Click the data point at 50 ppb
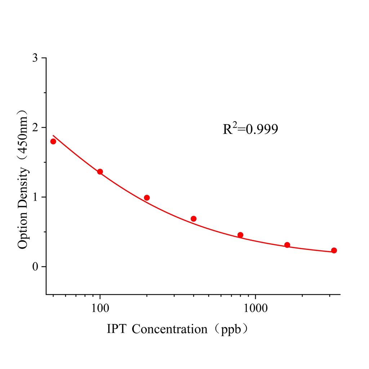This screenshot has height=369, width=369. coord(53,141)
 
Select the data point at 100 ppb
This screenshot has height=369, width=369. coord(100,172)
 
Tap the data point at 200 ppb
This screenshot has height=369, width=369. coord(147,197)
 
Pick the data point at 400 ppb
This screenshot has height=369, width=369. coord(194,219)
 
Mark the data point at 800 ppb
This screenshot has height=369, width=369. coord(240,235)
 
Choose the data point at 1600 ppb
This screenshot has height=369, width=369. coord(287,245)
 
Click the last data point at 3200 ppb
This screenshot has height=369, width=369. coord(334,250)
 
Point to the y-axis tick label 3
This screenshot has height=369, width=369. coord(35,58)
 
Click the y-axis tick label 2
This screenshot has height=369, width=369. coord(35,128)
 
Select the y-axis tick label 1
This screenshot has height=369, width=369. coord(35,197)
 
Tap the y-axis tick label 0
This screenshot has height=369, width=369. coord(35,267)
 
